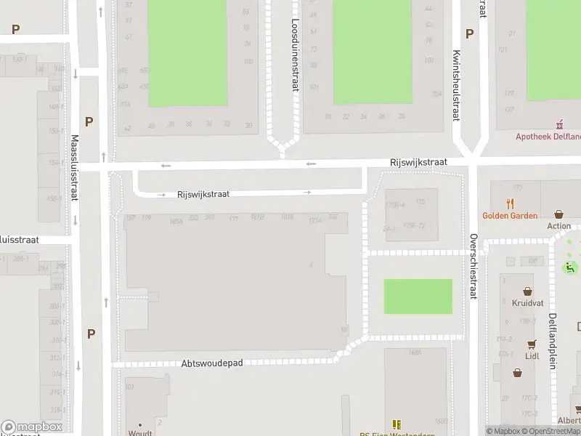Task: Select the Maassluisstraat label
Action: (75, 169)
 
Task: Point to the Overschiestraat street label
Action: (473, 267)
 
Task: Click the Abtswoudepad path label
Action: (211, 361)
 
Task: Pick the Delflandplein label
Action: (553, 341)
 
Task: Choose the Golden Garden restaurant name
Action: (510, 216)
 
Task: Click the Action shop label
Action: (559, 226)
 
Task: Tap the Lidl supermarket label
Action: (532, 356)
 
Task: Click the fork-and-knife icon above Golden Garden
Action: (511, 204)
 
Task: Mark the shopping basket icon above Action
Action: (558, 214)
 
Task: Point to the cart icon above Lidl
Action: (532, 344)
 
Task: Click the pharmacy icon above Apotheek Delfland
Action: (559, 124)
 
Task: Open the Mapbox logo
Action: (32, 427)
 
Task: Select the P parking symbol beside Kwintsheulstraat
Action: (469, 33)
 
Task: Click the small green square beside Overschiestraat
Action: (418, 296)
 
